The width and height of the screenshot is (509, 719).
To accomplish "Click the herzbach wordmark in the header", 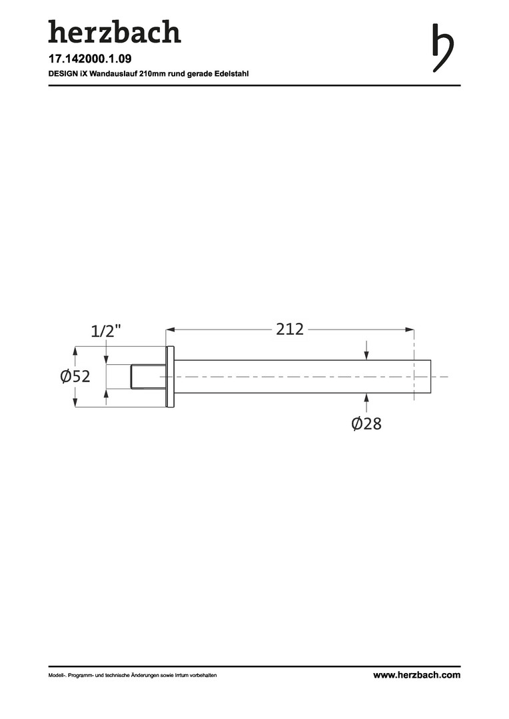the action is [115, 32].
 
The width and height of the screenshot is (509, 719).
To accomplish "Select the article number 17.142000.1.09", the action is [90, 59].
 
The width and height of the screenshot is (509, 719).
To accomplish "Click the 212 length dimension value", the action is [290, 330].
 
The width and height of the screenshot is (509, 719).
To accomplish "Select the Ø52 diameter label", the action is [75, 376].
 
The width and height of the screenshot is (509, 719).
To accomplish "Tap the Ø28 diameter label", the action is [366, 423].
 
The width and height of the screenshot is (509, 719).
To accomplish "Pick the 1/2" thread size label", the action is [106, 331].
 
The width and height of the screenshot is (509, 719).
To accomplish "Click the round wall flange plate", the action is [170, 376].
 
